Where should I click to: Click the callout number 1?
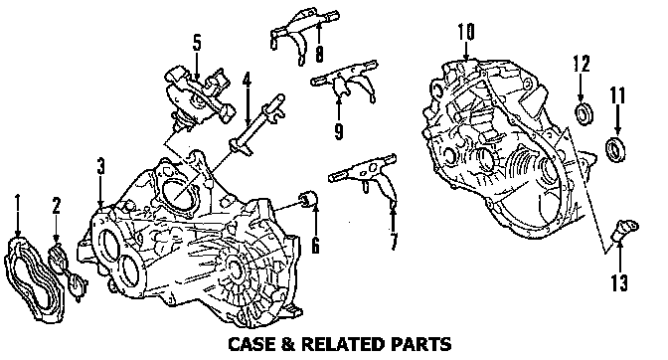click(x=18, y=202)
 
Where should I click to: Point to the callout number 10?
click(x=466, y=32)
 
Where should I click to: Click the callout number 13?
click(x=619, y=282)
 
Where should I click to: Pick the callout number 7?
click(x=394, y=242)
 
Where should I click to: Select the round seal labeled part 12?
click(x=584, y=114)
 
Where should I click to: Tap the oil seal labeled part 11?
click(x=616, y=149)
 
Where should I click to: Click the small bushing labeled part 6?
click(x=308, y=198)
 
